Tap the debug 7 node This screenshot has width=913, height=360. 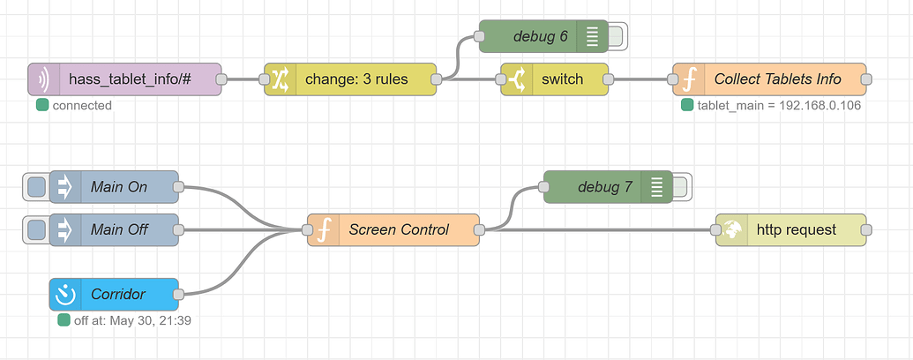603,187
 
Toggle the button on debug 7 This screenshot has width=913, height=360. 681,187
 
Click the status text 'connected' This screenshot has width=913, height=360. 81,106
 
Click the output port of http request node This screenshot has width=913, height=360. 866,229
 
